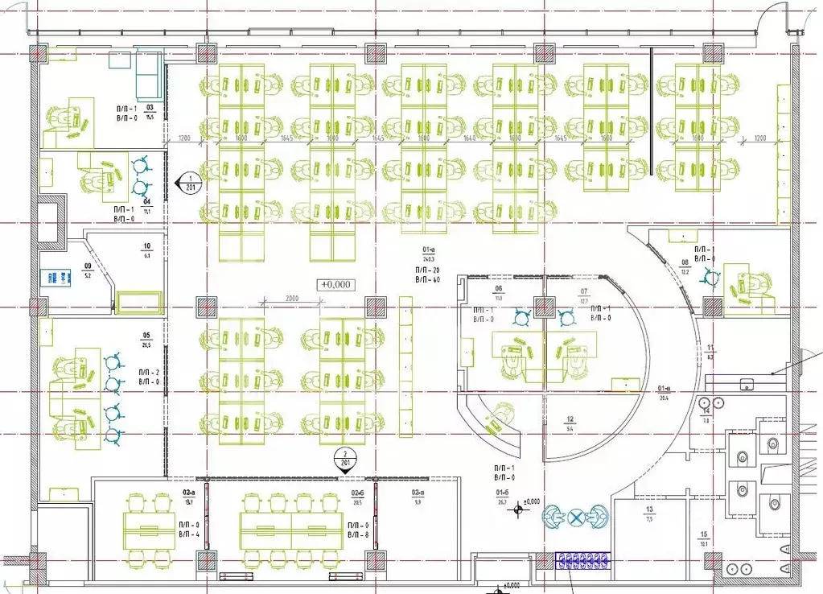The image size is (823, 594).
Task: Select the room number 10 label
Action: pos(146,246)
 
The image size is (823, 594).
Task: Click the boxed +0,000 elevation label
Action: pos(335,284)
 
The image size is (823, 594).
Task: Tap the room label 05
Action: pos(146,336)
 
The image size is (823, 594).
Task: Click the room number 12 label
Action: pos(570,419)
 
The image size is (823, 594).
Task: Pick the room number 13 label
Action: pos(648,510)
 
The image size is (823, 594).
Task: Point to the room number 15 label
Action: pos(704,535)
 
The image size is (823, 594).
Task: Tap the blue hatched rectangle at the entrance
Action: pos(583,560)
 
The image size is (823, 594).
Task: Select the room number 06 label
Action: pos(498,289)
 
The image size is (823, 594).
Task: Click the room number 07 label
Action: pos(584,291)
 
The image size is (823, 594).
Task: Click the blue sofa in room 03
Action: pos(149,72)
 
